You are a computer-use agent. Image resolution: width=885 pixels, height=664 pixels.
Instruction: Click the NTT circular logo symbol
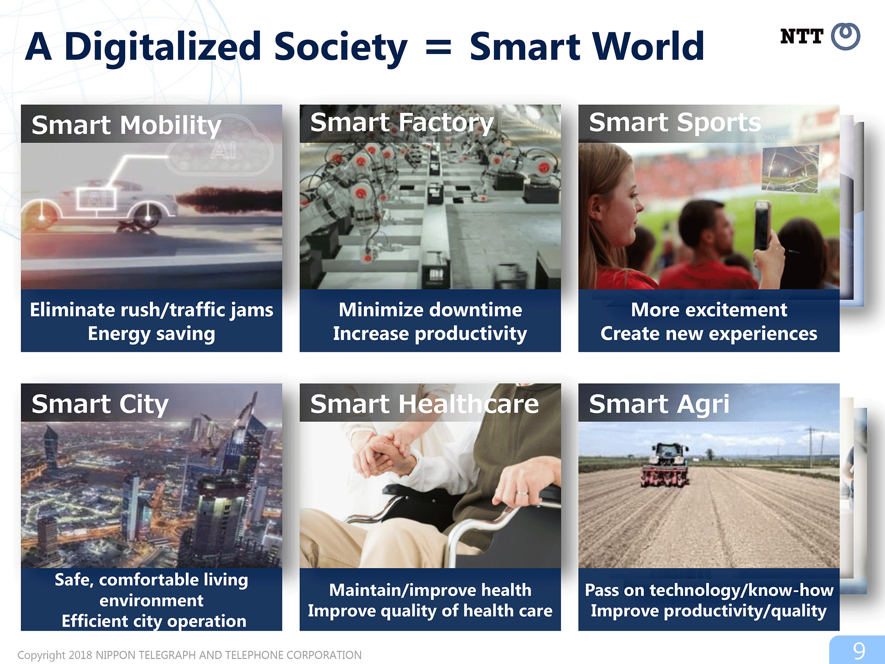click(846, 36)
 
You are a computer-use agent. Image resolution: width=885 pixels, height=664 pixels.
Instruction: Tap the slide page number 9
click(859, 651)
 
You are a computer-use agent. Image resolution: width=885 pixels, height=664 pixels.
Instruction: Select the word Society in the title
click(340, 47)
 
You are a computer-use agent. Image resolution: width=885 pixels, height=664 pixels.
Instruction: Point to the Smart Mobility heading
click(126, 125)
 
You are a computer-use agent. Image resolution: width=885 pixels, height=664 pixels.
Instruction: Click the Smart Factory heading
click(402, 123)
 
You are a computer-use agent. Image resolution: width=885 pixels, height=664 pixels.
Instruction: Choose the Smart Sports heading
click(675, 122)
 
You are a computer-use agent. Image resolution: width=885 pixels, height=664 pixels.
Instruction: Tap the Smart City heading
click(100, 404)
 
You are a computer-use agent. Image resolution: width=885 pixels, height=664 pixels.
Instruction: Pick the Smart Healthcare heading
click(424, 404)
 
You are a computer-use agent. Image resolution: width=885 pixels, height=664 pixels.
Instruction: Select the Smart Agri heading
click(659, 404)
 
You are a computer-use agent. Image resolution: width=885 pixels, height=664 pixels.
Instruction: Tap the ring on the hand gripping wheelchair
click(522, 492)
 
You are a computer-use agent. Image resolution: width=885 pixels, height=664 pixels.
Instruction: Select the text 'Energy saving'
click(151, 334)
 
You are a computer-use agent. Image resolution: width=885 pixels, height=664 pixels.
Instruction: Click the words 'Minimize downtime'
click(430, 310)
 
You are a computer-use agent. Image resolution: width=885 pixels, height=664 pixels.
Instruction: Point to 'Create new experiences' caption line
click(709, 334)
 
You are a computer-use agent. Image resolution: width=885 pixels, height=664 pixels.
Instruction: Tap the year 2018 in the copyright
click(81, 655)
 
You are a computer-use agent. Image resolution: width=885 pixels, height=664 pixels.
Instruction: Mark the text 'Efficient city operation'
click(154, 621)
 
